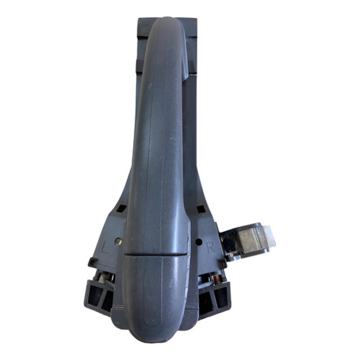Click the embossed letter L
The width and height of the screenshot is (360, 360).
(x=104, y=247)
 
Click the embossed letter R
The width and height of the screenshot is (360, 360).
(x=211, y=247)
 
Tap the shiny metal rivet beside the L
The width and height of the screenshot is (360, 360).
(x=118, y=241)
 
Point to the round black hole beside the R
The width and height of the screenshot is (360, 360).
(x=199, y=242)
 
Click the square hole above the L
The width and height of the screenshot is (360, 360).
(x=121, y=208)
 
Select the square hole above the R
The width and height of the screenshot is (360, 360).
(x=201, y=209)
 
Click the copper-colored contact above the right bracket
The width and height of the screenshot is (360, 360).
(x=217, y=279)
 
